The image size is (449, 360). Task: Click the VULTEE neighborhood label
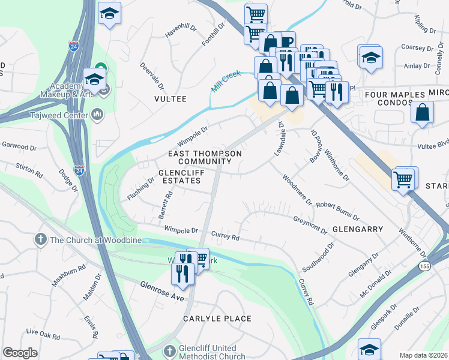170,98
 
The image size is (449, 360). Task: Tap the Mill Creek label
226,81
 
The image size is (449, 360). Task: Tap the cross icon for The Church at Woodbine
41,239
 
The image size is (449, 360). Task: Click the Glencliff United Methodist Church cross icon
170,350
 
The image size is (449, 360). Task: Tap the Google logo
20,353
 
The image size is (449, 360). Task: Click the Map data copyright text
423,355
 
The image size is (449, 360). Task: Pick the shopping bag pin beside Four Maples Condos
423,113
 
